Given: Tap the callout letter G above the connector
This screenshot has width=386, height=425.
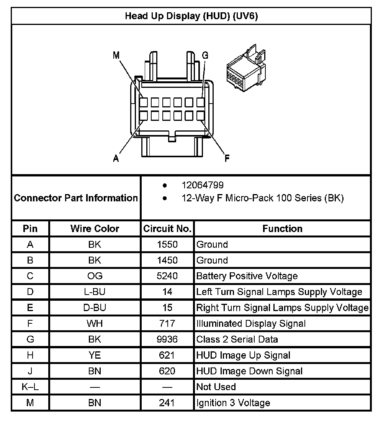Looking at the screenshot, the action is (x=205, y=56).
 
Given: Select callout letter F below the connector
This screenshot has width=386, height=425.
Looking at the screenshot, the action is (x=227, y=158).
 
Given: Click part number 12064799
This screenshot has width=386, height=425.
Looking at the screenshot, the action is (x=203, y=186).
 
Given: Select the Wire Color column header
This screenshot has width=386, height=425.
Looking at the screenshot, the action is (x=95, y=229).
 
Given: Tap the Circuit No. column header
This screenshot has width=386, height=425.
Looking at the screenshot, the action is (x=167, y=229).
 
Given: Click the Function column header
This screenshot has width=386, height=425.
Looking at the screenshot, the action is (x=282, y=229).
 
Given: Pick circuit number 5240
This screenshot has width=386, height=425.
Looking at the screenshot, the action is (x=167, y=276).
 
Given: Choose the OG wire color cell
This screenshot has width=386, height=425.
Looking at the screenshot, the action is (x=95, y=276).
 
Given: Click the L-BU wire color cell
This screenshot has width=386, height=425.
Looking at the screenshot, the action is (x=95, y=292).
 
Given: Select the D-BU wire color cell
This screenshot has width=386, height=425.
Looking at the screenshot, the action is (x=95, y=308).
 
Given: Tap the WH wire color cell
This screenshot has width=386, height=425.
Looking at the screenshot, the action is (x=95, y=324).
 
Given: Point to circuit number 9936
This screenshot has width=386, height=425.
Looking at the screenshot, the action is (x=167, y=339).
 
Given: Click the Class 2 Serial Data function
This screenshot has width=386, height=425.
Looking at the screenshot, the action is (x=237, y=339).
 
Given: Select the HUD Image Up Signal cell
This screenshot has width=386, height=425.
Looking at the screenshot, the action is (x=243, y=356).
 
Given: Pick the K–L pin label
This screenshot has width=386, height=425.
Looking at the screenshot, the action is (x=30, y=387).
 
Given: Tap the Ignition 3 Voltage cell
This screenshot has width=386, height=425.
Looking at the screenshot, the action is (x=233, y=403).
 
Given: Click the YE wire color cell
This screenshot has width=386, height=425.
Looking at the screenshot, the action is (x=95, y=356).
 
